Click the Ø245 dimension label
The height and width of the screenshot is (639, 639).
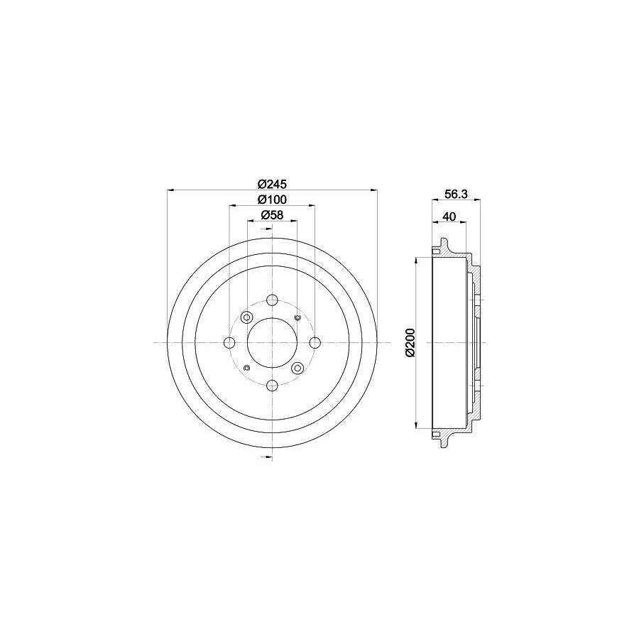(271, 182)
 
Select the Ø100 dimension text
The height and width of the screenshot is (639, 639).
(271, 200)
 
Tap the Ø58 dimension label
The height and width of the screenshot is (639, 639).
(271, 215)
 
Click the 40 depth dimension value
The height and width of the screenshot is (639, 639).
(449, 217)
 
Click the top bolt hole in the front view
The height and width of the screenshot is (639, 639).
(272, 300)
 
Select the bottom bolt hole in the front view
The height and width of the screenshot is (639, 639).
(272, 386)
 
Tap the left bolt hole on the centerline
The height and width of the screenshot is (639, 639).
(229, 344)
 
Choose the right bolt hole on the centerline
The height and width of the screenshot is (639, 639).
(315, 344)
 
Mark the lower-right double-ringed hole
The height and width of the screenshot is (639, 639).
(297, 368)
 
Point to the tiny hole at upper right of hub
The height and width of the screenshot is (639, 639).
(297, 317)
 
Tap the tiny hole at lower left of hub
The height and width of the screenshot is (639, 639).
(246, 368)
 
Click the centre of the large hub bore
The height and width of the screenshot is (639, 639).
(272, 344)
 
